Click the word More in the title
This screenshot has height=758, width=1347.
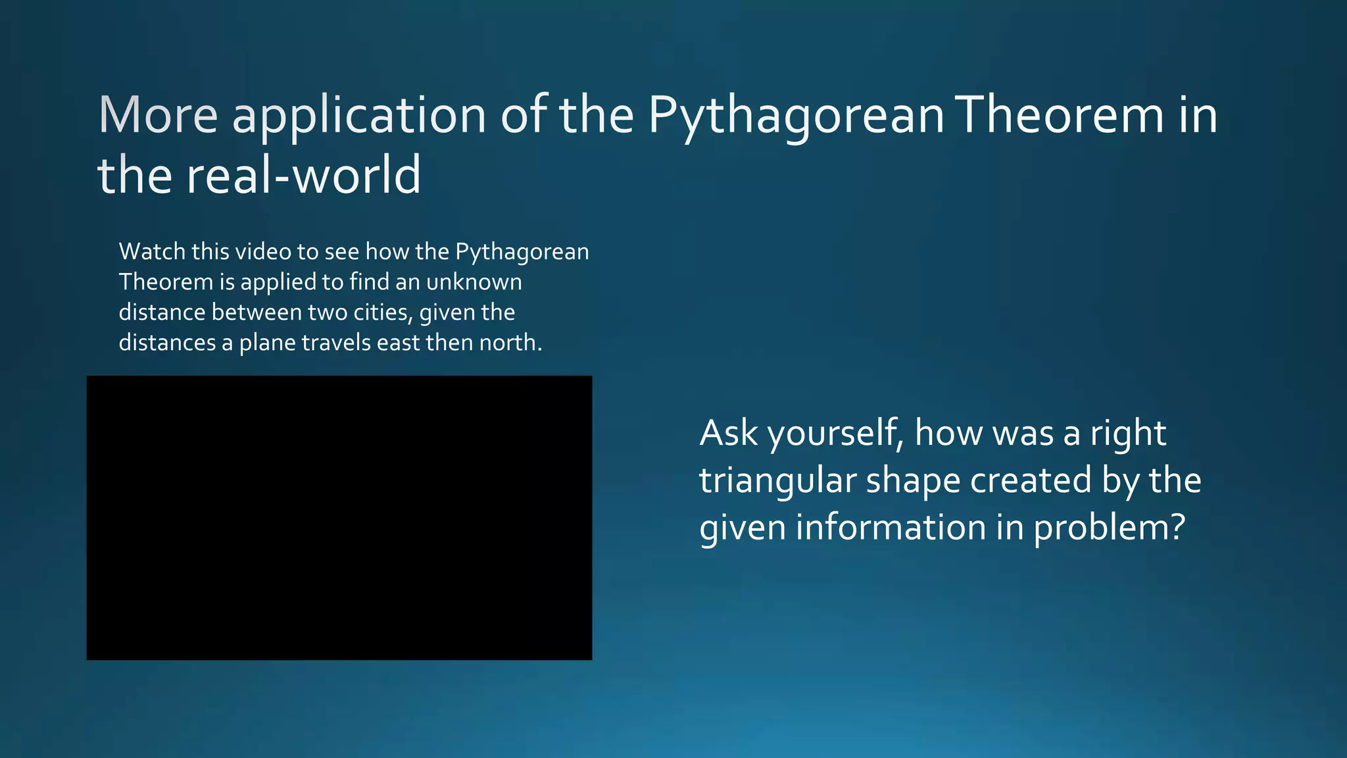158,115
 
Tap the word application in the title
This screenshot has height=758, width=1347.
359,116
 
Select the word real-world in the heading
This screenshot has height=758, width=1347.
303,175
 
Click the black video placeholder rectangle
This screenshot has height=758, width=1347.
339,518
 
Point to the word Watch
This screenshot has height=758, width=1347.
152,251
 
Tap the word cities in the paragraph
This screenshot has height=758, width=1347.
383,312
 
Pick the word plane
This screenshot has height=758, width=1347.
268,343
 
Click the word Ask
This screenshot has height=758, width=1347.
728,433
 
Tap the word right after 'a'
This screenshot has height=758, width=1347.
1128,434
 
